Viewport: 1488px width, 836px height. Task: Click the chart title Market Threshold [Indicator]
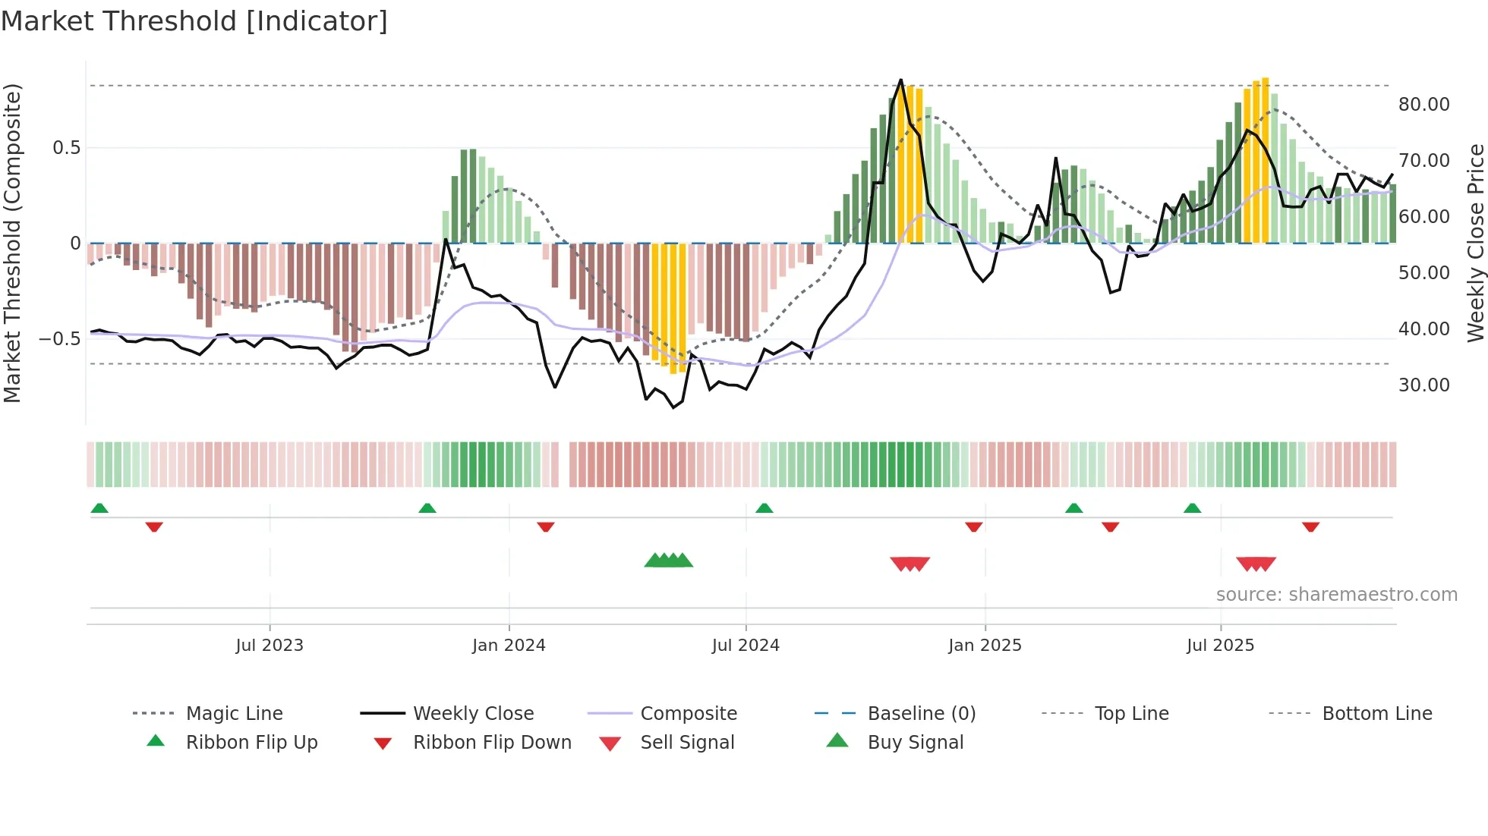click(194, 21)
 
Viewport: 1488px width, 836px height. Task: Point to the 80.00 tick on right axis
click(1423, 105)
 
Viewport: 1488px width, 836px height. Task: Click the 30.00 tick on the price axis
click(1423, 385)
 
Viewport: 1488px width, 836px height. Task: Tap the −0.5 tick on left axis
click(60, 339)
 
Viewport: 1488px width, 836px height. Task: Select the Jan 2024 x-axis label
click(509, 646)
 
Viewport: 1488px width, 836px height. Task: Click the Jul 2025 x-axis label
click(1220, 646)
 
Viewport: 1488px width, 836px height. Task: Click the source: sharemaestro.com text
click(1336, 595)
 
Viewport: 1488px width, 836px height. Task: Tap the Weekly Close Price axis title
click(1475, 243)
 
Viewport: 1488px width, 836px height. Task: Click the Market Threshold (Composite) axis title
click(12, 243)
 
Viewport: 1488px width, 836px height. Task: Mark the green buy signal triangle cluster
click(668, 561)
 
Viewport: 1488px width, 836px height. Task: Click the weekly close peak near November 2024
click(901, 80)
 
